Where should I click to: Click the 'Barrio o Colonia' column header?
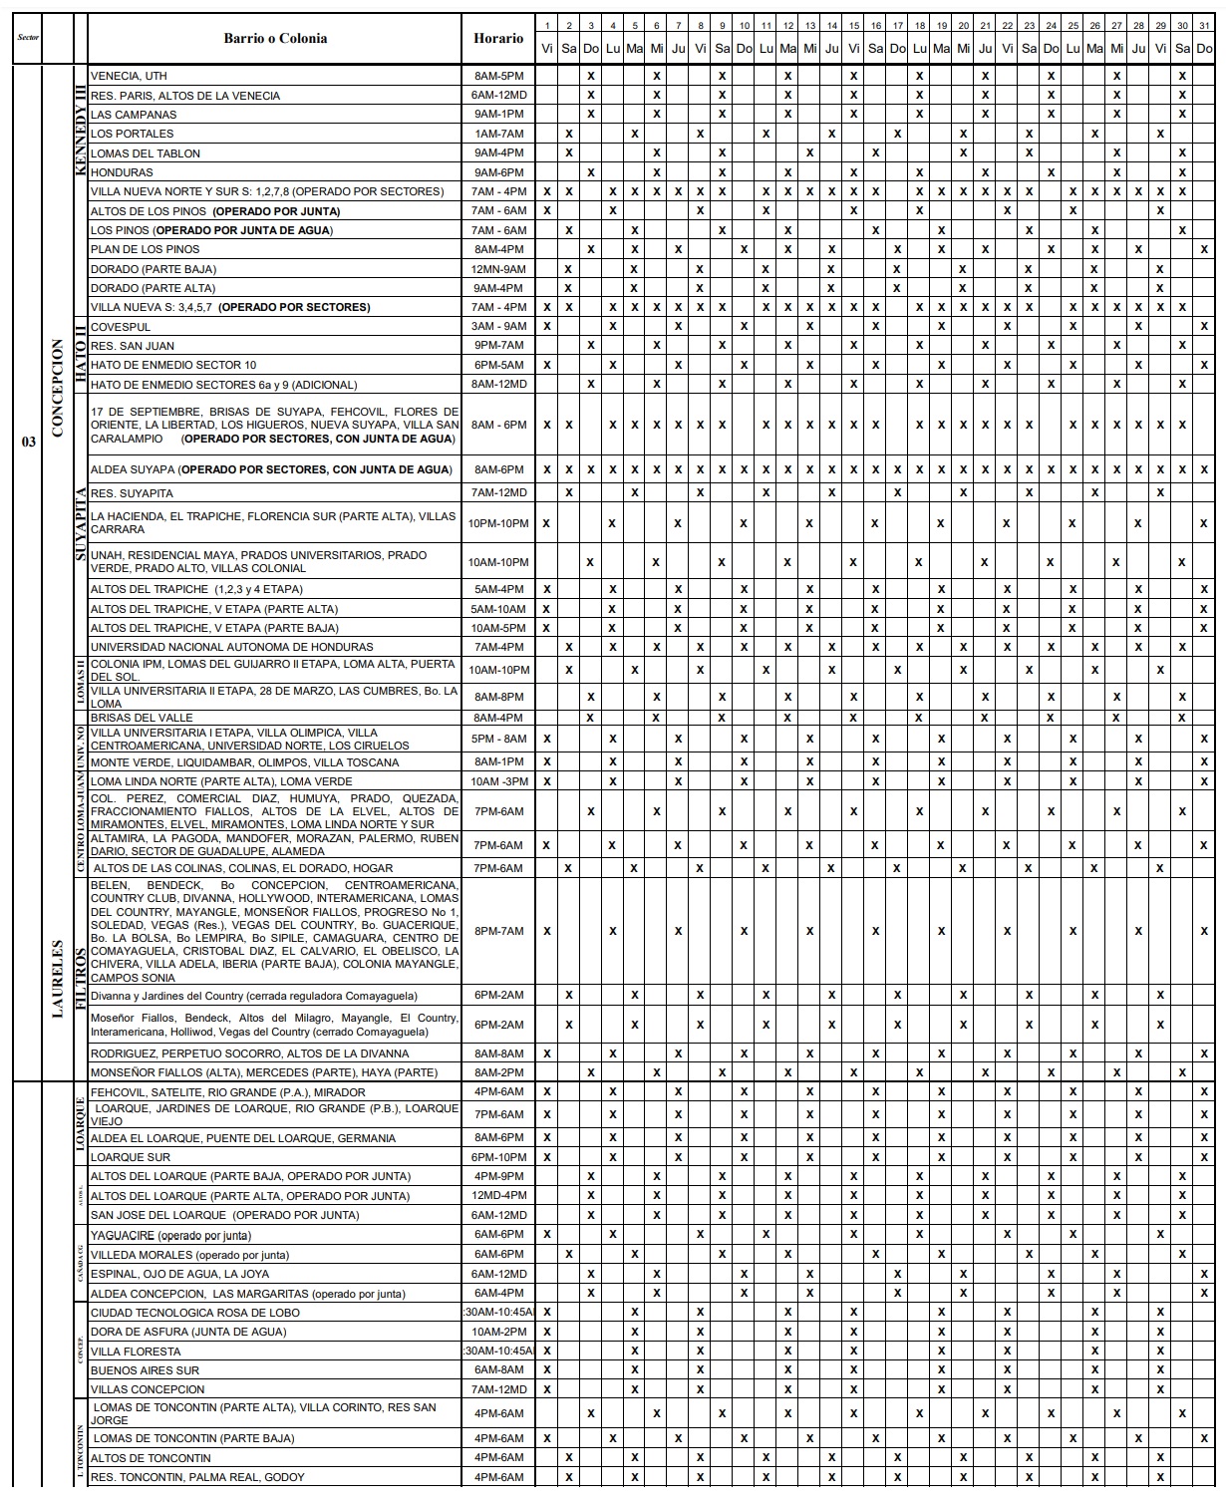(275, 39)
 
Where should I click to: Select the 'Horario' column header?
(499, 39)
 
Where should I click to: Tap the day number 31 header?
(1204, 26)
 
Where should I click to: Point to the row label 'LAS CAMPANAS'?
(133, 115)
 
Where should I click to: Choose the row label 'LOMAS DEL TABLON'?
(146, 153)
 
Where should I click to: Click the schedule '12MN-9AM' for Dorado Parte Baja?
(499, 269)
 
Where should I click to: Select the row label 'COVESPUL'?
(121, 327)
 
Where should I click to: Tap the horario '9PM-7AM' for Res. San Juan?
(499, 346)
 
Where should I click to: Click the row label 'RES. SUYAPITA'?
(132, 493)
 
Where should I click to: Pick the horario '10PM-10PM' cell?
(499, 523)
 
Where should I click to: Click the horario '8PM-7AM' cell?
(499, 931)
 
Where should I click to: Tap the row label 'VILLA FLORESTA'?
(136, 1352)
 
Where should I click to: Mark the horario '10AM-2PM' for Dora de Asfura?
(499, 1332)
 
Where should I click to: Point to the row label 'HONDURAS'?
(122, 172)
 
